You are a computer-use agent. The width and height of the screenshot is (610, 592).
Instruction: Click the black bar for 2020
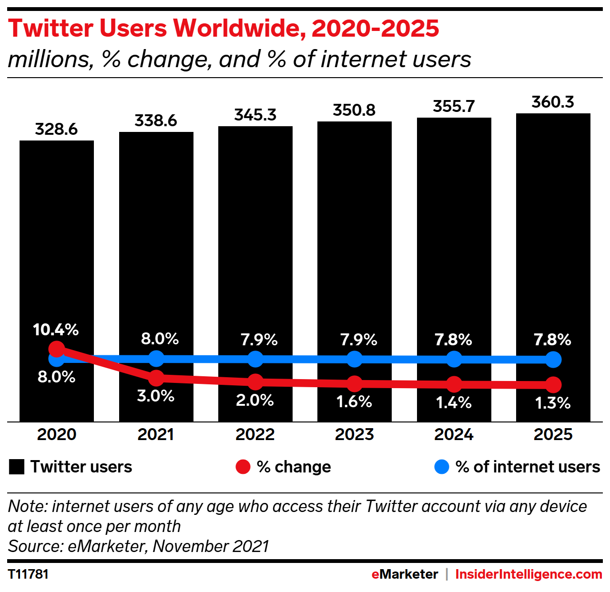(x=57, y=238)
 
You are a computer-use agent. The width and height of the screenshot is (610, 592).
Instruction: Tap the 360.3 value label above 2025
(x=553, y=102)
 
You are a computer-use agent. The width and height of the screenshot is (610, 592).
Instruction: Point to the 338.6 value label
(x=156, y=120)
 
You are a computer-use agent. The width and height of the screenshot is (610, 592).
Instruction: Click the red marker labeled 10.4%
(x=57, y=349)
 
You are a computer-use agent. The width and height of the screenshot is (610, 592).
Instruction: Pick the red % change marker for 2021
(x=156, y=378)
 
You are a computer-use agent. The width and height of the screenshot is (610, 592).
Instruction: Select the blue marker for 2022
(x=255, y=359)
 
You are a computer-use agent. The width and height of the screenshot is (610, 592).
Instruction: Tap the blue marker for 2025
(x=553, y=360)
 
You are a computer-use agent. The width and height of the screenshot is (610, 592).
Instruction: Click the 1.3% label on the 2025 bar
(x=553, y=403)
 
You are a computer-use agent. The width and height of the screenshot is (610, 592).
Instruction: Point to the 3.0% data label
(x=156, y=396)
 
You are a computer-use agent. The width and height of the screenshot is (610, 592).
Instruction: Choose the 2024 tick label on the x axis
(x=454, y=434)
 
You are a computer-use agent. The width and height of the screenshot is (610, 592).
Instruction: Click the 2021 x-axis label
(x=156, y=434)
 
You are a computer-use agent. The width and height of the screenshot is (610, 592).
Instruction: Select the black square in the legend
(x=17, y=467)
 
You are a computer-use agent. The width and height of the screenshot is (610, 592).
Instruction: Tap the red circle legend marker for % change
(x=243, y=467)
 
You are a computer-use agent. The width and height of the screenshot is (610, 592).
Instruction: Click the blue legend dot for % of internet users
(x=442, y=467)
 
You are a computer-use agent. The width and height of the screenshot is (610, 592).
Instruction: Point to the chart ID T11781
(x=29, y=574)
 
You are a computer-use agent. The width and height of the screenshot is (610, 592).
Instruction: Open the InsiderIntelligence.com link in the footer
(x=529, y=574)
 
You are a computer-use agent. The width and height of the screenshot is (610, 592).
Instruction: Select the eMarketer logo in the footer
(x=405, y=574)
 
